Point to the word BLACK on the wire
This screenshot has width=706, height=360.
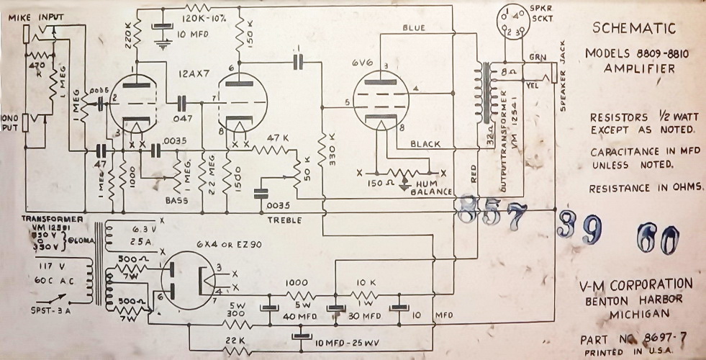pyautogui.click(x=425, y=144)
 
